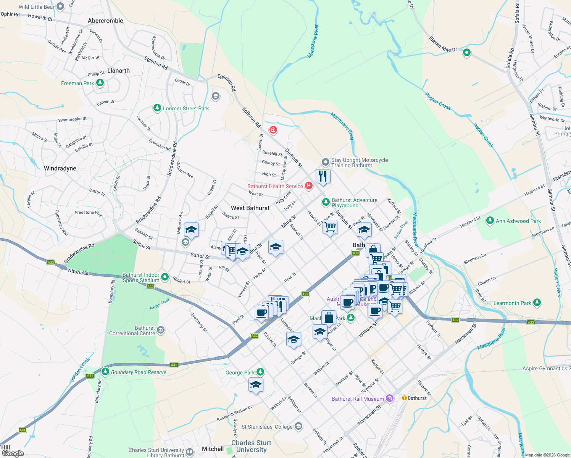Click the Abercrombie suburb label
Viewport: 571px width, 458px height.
tap(105, 21)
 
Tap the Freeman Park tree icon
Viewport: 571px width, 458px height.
tap(100, 83)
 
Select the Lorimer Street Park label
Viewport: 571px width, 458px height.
tap(185, 108)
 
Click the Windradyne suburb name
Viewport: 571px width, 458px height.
tap(60, 168)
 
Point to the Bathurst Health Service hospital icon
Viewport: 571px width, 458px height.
tap(309, 186)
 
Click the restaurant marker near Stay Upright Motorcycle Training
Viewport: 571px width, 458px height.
tap(323, 176)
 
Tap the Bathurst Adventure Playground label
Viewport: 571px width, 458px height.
tap(354, 203)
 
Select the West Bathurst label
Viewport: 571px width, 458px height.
tap(250, 208)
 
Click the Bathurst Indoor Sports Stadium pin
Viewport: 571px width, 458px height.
tap(165, 277)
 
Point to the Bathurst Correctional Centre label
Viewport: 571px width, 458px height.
tap(132, 331)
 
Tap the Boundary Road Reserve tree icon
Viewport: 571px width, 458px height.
tap(105, 371)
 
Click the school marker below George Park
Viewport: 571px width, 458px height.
tap(256, 385)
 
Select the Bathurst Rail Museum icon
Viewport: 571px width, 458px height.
tap(389, 398)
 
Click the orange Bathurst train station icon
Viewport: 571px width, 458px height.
tap(404, 398)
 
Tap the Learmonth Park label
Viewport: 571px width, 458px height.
tap(512, 303)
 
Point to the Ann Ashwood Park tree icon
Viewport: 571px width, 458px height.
tap(490, 221)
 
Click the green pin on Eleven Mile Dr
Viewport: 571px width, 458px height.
tap(466, 53)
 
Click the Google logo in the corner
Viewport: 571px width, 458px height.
tap(13, 453)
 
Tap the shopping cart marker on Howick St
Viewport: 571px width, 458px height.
tap(330, 227)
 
